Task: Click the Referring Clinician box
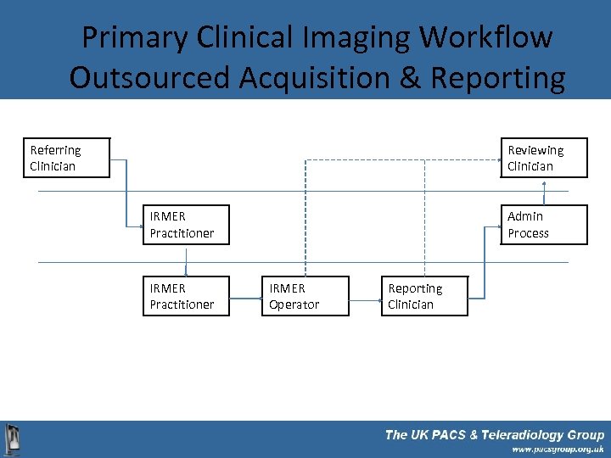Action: [67, 158]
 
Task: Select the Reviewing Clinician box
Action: [543, 158]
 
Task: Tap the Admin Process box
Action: [543, 225]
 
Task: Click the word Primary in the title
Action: [135, 37]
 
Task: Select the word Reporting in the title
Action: [498, 77]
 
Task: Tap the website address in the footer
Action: [558, 450]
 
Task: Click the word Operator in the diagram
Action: [294, 304]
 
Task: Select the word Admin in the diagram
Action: [525, 216]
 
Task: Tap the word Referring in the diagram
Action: [55, 150]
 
